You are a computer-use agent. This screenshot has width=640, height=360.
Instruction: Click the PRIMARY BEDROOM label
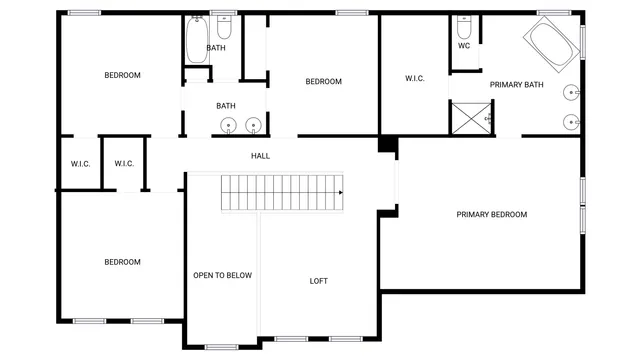point(491,214)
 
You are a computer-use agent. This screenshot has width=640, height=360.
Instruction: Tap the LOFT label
point(318,281)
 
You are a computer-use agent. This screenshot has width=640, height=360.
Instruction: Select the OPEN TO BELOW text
point(222,275)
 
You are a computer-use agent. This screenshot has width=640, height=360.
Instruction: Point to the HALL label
point(260,156)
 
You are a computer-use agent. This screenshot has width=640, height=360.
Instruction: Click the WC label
point(464,46)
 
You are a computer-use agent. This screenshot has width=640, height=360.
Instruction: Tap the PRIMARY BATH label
point(516,85)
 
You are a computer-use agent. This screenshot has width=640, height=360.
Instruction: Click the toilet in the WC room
point(464,26)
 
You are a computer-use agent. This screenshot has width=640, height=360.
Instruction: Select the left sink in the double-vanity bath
point(229,126)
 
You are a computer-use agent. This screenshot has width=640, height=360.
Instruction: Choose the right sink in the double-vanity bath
point(253,126)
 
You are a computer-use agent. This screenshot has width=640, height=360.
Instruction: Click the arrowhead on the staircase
point(340,191)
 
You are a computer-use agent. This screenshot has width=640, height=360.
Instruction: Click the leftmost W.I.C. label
point(80,164)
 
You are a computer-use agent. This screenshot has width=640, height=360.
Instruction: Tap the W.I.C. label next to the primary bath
point(415,79)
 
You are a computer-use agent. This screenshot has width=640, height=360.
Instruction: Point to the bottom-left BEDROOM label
point(123,262)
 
